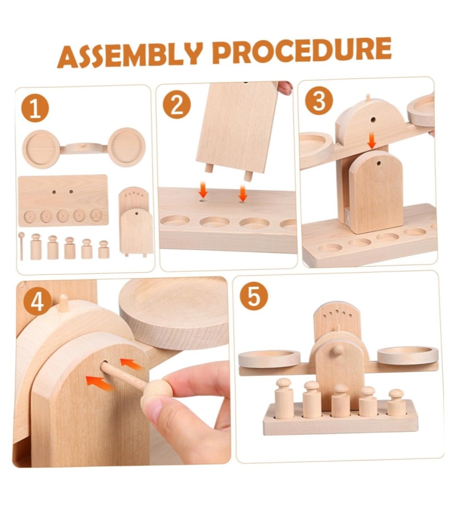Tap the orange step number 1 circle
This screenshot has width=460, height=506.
pyautogui.click(x=35, y=109)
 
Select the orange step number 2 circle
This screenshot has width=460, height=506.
pyautogui.click(x=177, y=105)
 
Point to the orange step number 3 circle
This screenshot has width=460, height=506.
pyautogui.click(x=319, y=101)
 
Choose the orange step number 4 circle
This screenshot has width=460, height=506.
pyautogui.click(x=37, y=302)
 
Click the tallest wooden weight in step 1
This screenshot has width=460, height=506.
pyautogui.click(x=36, y=247)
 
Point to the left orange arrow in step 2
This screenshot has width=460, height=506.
pyautogui.click(x=203, y=190)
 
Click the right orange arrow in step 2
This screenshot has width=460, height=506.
pyautogui.click(x=243, y=193)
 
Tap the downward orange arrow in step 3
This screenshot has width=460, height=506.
pyautogui.click(x=373, y=141)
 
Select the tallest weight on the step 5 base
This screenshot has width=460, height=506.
pyautogui.click(x=283, y=398)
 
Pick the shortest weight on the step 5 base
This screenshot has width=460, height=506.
pyautogui.click(x=396, y=403)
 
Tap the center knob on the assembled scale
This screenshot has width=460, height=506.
pyautogui.click(x=338, y=350)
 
